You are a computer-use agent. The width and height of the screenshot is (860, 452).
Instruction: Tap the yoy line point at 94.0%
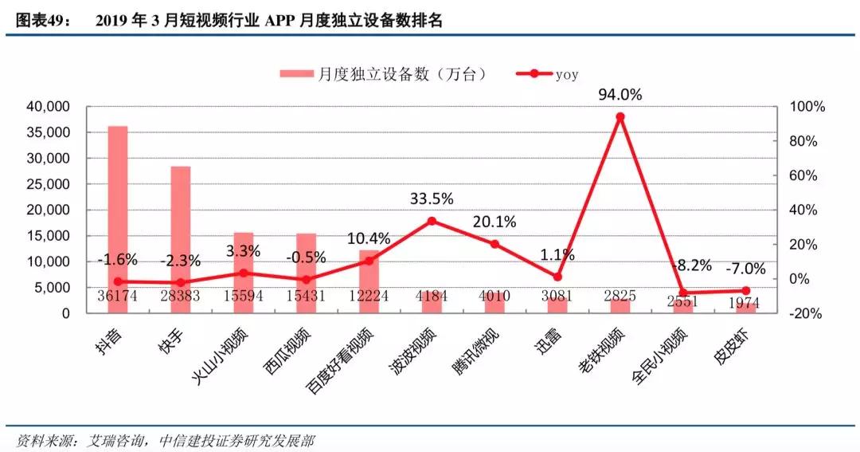pos(620,116)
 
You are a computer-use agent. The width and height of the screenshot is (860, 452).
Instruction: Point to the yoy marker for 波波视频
pos(432,221)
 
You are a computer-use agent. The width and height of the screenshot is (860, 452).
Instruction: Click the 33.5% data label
pos(432,198)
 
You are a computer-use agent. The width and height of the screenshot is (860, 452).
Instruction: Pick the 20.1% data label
pos(494,221)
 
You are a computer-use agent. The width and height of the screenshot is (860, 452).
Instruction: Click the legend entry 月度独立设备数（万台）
pos(382,74)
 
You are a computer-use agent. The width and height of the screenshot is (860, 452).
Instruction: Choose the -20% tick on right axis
pos(804,313)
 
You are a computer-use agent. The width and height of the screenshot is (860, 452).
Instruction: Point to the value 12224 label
pos(369,296)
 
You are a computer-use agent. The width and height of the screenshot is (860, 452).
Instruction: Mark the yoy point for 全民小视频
pos(682,293)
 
